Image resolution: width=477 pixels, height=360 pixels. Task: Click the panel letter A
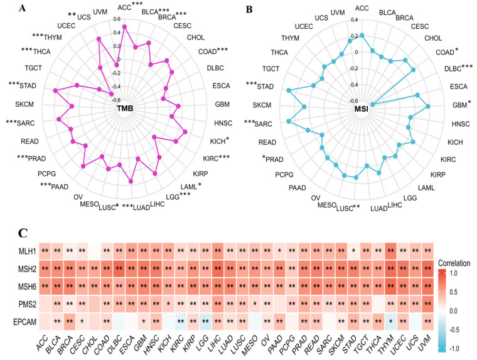23,8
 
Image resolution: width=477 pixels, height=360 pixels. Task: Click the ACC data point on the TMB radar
124,26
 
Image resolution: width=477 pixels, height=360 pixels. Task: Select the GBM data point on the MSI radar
428,107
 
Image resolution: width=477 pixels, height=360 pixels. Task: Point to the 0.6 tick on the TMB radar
117,18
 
